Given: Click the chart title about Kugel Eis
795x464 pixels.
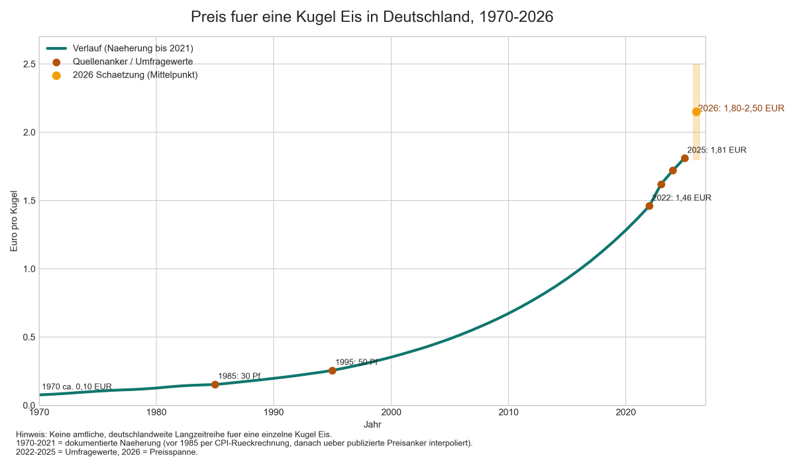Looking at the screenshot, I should pos(372,17).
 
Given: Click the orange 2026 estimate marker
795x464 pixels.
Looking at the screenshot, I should pos(696,112).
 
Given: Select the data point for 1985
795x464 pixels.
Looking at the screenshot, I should pos(215,384).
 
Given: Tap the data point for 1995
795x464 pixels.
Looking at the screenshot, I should pos(332,371).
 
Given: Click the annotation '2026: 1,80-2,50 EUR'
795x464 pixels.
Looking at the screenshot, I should pos(741,108).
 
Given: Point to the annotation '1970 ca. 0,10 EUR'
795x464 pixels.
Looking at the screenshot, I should pos(77,386).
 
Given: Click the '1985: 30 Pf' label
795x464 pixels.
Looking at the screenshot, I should pos(239,376).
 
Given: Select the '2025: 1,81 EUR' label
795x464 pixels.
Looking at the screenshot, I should pos(716,150).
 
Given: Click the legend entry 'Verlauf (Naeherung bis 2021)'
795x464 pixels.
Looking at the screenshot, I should pos(132,48).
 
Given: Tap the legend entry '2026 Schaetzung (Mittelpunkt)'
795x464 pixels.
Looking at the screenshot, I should pos(135,75).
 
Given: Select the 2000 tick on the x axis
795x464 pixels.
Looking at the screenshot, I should pos(391,412).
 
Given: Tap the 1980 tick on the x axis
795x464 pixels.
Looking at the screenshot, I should pos(156,412).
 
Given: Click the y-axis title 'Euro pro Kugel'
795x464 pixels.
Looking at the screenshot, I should pos(14,221).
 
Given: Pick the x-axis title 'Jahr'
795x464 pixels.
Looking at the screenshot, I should pos(372,424).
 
